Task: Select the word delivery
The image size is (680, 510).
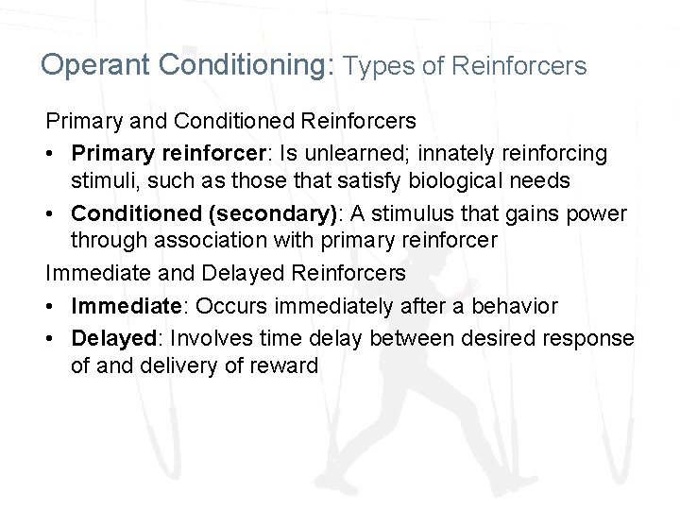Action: coord(185,366)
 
